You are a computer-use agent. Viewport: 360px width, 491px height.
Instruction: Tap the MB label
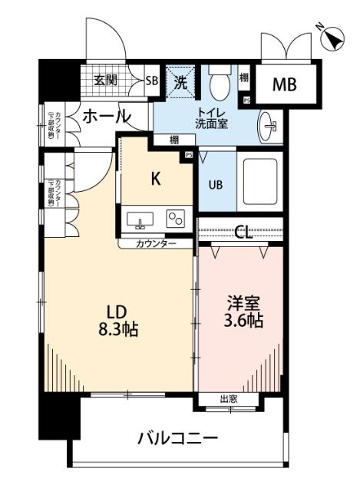[285, 84]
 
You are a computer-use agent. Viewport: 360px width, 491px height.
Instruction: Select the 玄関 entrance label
[106, 79]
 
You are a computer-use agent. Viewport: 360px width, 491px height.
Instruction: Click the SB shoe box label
[151, 79]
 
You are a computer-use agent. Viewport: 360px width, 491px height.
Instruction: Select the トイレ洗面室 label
[210, 119]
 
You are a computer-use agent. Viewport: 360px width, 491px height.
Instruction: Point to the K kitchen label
[155, 180]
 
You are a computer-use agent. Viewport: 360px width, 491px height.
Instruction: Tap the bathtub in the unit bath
[262, 180]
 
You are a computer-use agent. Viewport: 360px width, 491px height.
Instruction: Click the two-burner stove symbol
[177, 219]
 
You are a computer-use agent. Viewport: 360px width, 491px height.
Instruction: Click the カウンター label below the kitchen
[156, 244]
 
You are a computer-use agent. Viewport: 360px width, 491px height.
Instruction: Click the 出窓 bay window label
[228, 399]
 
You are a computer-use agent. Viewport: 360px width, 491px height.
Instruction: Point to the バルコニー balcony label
[178, 438]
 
